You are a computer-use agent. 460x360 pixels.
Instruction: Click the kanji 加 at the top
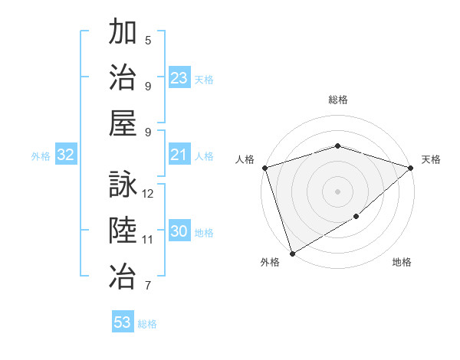click(x=123, y=34)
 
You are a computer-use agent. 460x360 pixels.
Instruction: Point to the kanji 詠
click(x=123, y=185)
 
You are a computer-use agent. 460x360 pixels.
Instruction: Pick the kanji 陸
click(x=123, y=231)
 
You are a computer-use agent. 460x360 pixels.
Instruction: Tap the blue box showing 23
click(x=179, y=78)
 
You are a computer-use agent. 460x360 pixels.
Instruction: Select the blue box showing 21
click(x=179, y=155)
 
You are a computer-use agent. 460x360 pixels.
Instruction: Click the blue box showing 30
click(x=179, y=232)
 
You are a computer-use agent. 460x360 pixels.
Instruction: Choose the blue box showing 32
click(x=66, y=155)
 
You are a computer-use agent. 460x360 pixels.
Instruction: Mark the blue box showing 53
click(x=123, y=322)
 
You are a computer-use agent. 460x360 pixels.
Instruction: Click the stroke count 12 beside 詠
click(x=149, y=194)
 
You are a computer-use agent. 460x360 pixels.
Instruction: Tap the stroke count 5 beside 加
click(x=148, y=41)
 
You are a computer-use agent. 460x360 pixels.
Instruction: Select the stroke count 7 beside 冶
click(x=148, y=286)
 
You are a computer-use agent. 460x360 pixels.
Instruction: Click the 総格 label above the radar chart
click(x=337, y=100)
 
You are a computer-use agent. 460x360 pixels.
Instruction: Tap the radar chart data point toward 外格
click(x=292, y=253)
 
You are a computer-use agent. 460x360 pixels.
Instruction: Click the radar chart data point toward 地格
click(x=356, y=218)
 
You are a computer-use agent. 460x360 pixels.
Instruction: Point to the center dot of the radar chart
click(x=337, y=191)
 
